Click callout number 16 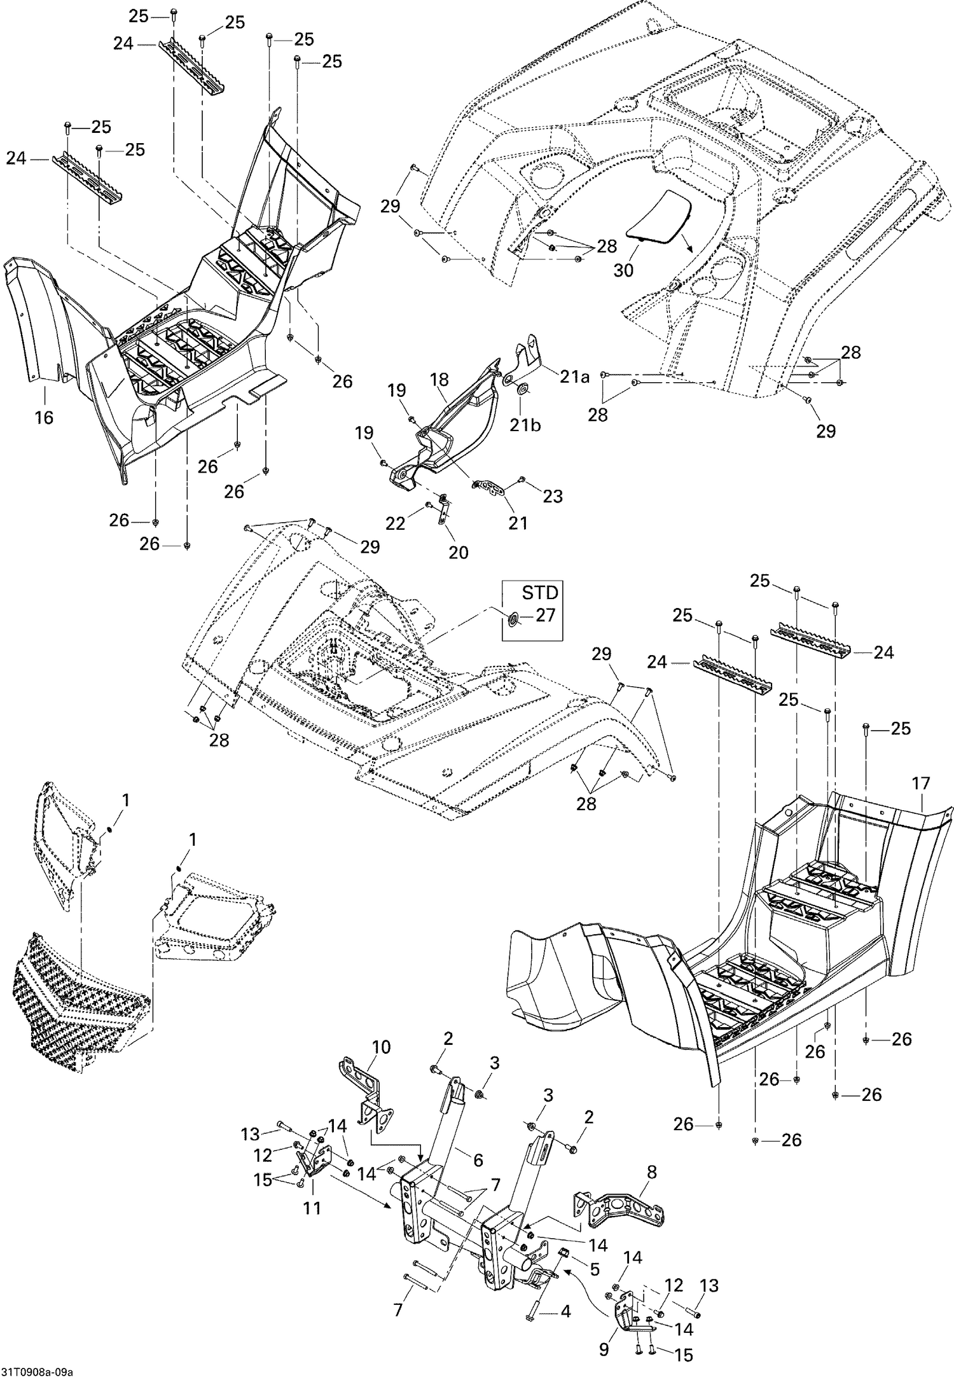[x=44, y=418]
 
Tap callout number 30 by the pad [x=623, y=270]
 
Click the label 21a [x=574, y=376]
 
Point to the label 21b [x=525, y=425]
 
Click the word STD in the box [x=539, y=593]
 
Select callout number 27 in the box [x=545, y=615]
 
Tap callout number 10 [x=381, y=1047]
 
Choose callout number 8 [x=651, y=1172]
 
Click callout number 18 [x=439, y=380]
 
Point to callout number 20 [x=458, y=553]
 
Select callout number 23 [x=552, y=496]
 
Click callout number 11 [x=312, y=1208]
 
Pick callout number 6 [x=478, y=1160]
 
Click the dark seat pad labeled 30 [x=658, y=216]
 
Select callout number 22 [x=395, y=523]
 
